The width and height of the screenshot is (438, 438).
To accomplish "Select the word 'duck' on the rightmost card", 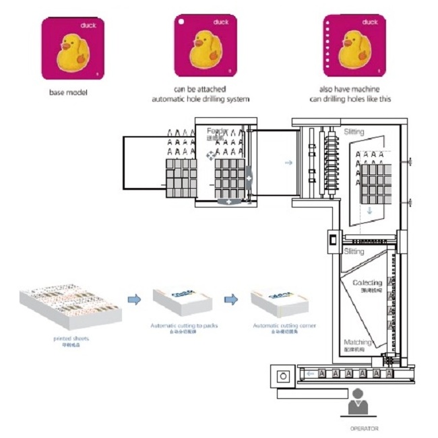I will [x=369, y=22].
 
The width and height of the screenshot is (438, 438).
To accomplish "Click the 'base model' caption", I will [x=68, y=92].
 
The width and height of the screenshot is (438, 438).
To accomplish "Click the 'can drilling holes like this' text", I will [x=350, y=99].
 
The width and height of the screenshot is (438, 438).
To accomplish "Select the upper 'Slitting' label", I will [x=354, y=132].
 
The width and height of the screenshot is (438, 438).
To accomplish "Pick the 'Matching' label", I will [x=357, y=342].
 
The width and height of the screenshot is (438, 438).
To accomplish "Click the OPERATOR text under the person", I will [x=363, y=429].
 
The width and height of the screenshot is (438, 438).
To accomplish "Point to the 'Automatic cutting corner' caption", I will [x=284, y=325].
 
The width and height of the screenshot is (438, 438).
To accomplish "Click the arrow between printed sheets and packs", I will [x=134, y=299].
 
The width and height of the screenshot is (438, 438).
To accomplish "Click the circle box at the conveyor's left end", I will [x=283, y=375].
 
